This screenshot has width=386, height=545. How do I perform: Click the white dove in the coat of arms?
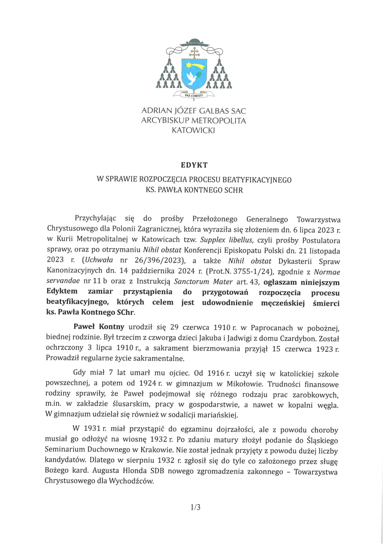tap(192, 78)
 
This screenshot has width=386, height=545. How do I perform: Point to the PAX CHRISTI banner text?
tap(194, 95)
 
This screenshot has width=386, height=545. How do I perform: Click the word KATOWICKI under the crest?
tap(193, 130)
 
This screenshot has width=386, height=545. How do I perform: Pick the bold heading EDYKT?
tap(194, 165)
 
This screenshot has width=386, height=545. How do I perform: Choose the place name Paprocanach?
tap(272, 328)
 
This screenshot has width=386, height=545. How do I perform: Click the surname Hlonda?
tap(135, 471)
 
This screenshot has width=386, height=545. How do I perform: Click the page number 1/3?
tap(195, 507)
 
